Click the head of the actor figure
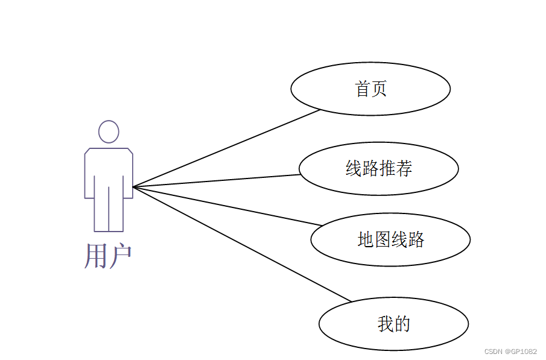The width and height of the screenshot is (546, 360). pos(109,131)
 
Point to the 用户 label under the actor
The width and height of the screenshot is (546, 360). pos(108,256)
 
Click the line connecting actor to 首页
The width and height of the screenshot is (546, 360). pos(226,148)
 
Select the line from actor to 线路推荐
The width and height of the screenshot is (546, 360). pos(217,181)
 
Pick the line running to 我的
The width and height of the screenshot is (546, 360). pos(241,244)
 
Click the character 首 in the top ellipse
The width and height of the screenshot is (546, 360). pos(363,89)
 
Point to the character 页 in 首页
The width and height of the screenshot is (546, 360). pos(379,89)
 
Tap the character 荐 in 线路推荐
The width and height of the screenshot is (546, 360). pos(405,168)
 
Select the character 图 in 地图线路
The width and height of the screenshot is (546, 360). pos(383,239)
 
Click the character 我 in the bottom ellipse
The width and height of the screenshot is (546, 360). pos(386,324)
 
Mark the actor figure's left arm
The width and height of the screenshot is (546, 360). pos(89,175)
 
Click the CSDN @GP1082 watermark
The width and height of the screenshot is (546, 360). pos(510,351)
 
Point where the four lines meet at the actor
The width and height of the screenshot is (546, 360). pos(133,187)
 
